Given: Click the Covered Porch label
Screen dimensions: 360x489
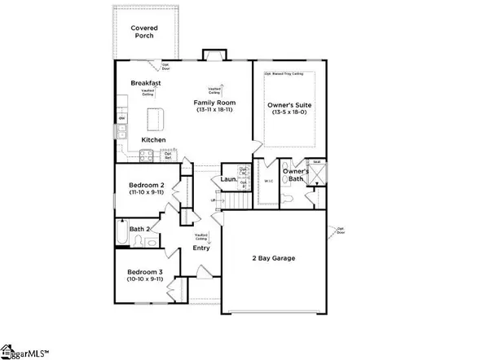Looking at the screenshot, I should tap(148, 33).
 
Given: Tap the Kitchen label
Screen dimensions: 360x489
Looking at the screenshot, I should tap(153, 140).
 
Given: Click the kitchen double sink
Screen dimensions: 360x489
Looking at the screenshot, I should tap(121, 131).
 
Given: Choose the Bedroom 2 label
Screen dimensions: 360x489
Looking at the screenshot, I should tap(147, 186).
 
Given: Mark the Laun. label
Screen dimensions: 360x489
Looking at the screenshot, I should tap(229, 179).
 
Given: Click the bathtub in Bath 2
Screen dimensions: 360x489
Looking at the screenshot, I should tap(121, 234).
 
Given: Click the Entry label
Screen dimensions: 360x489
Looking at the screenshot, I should tap(200, 248).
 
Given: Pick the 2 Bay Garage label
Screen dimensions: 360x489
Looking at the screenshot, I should tap(273, 258).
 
